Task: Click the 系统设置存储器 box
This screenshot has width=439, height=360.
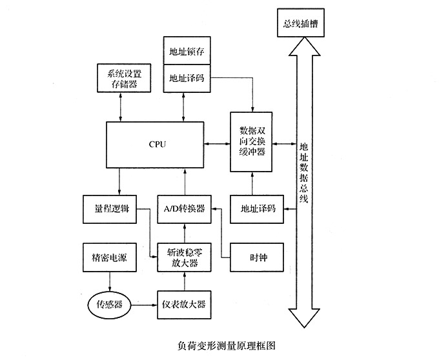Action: tap(121, 77)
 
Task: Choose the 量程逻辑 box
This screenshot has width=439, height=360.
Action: tap(109, 208)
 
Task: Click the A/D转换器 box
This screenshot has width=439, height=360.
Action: tap(185, 208)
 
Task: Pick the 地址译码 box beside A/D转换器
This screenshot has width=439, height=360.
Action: tap(258, 208)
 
